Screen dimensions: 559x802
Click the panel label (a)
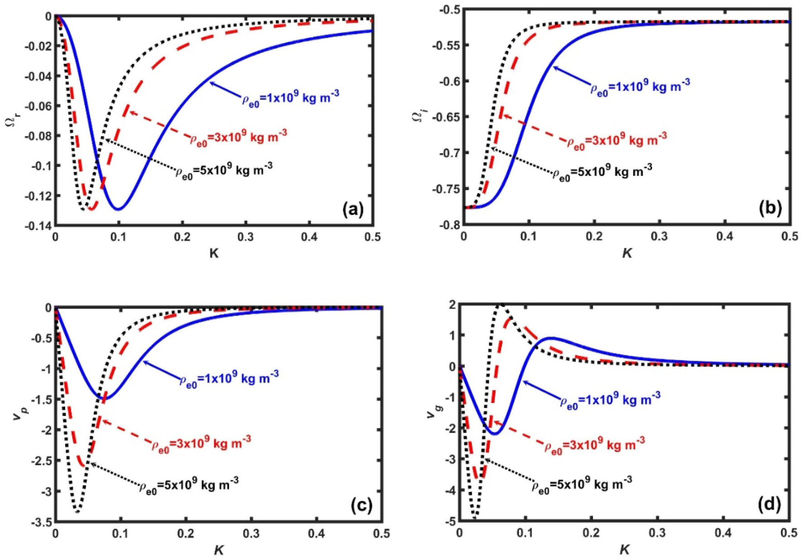353,209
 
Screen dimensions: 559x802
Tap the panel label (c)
361,505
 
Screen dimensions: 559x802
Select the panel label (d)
769,504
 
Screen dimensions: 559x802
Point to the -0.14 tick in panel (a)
40,226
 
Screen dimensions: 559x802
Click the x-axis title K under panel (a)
214,253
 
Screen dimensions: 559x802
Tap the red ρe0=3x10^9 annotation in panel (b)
616,140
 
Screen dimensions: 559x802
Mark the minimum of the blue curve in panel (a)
118,209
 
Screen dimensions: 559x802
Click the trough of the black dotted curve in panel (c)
78,512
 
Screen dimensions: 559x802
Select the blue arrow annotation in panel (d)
541,390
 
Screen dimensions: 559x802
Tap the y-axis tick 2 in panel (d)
451,305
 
